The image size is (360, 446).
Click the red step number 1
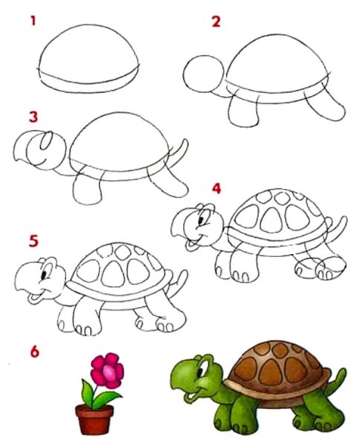pyautogui.click(x=33, y=21)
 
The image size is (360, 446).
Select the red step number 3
pyautogui.click(x=33, y=117)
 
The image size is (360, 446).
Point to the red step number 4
pyautogui.click(x=216, y=189)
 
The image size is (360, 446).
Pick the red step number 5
pyautogui.click(x=33, y=242)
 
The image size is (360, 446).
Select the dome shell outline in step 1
pyautogui.click(x=90, y=56)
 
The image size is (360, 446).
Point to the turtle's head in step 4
pyautogui.click(x=197, y=224)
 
